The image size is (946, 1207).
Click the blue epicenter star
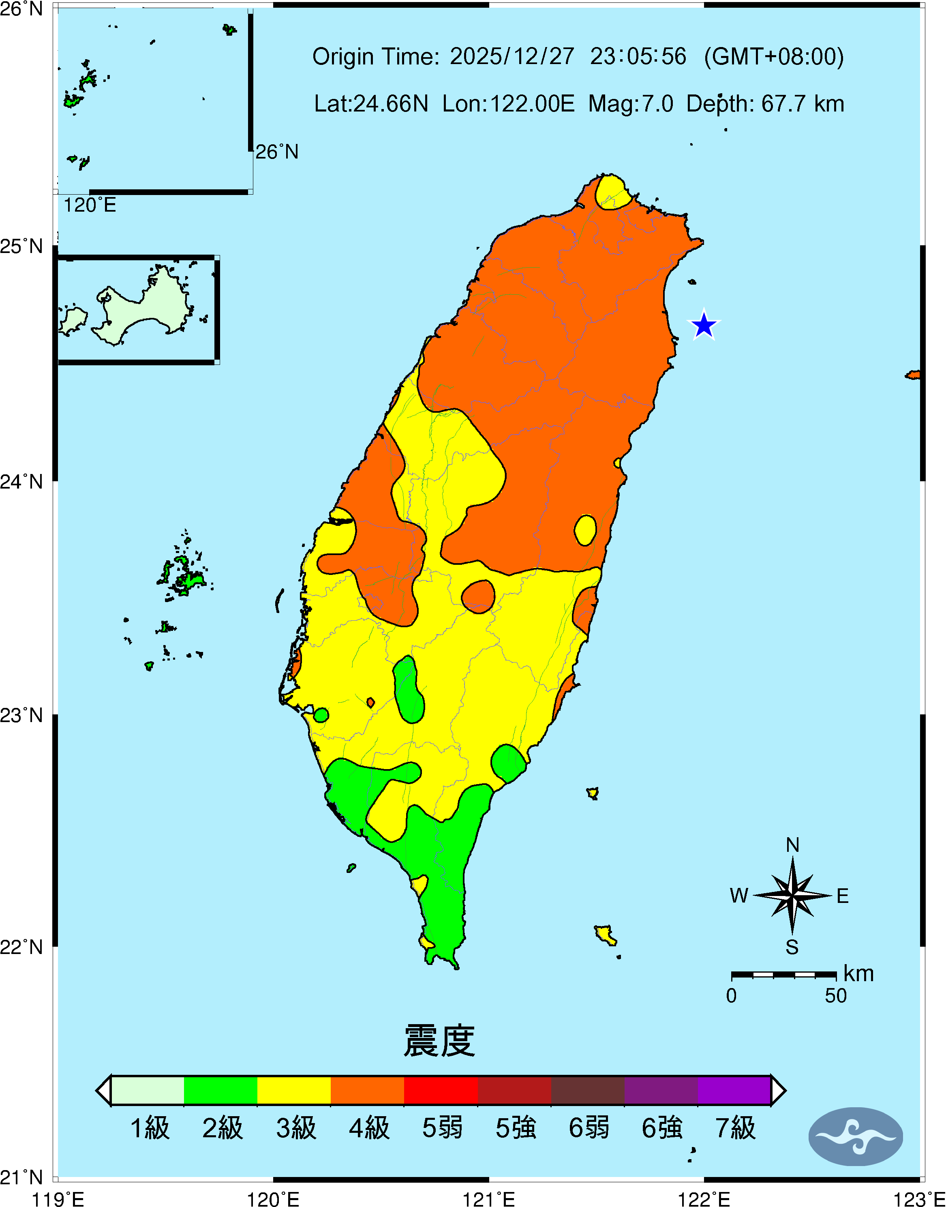pos(703,325)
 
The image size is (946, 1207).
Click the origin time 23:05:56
pos(638,56)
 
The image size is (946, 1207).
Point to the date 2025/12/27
pos(512,56)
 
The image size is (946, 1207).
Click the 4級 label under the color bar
pos(369,1128)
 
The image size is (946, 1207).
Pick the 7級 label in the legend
pos(735,1128)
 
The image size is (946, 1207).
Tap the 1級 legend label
pos(150,1128)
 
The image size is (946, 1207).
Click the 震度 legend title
pos(439,1041)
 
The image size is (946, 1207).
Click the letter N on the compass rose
pos(792,845)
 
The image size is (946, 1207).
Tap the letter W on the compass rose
pos(739,896)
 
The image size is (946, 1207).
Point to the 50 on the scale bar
pos(836,996)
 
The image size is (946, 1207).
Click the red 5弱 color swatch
pos(441,1091)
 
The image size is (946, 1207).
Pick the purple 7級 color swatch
pos(734,1091)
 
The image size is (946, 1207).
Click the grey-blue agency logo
pos(856,1136)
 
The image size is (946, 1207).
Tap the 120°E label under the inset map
pos(90,206)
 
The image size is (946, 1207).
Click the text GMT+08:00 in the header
pos(774,56)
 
